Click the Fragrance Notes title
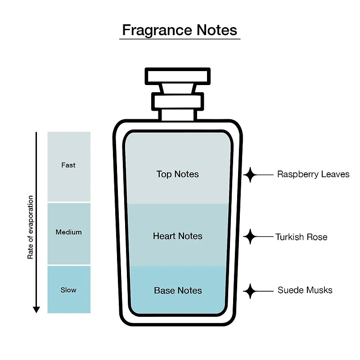click(x=180, y=30)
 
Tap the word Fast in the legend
click(x=68, y=165)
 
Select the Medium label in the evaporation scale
click(x=69, y=232)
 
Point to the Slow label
click(x=68, y=290)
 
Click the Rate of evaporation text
click(x=30, y=227)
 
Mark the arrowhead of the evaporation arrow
click(x=36, y=310)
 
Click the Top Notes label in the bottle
click(x=178, y=174)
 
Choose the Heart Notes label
click(x=178, y=236)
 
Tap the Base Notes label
click(x=178, y=290)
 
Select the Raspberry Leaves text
click(x=313, y=174)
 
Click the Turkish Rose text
click(x=301, y=237)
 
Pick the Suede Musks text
click(x=305, y=290)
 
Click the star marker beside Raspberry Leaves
click(x=250, y=175)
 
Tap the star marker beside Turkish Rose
click(x=250, y=237)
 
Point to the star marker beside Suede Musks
click(x=250, y=291)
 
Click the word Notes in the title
click(x=217, y=30)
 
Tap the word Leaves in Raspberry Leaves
click(x=335, y=174)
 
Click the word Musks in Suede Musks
click(x=319, y=290)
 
